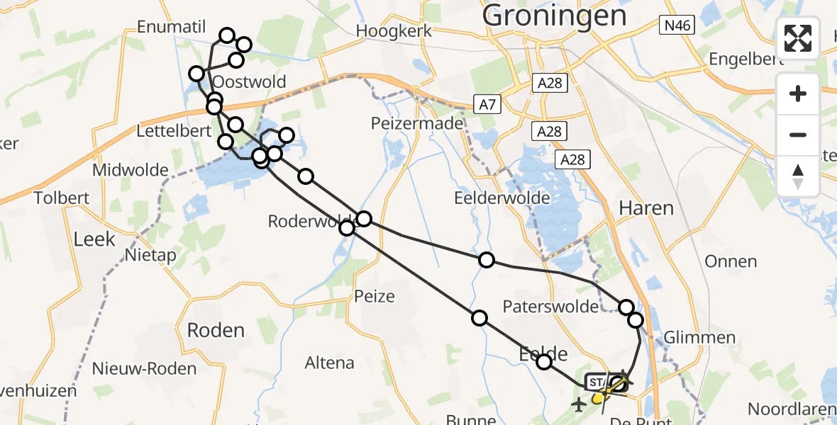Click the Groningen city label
[555, 15]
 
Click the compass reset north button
[798, 175]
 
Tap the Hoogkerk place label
[394, 31]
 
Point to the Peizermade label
[417, 124]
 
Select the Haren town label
[645, 208]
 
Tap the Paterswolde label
[546, 307]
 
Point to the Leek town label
[94, 239]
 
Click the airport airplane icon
[579, 404]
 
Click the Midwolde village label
[131, 171]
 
